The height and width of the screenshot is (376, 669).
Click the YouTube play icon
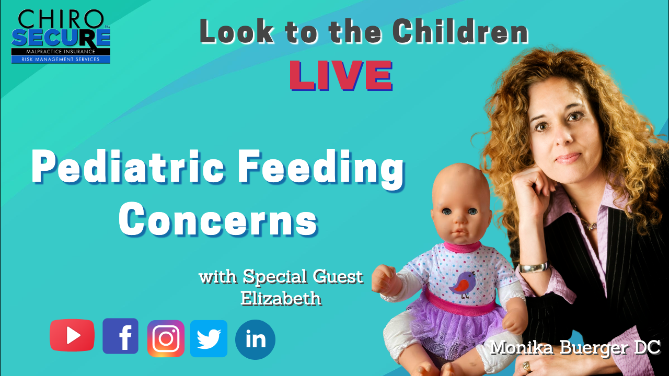click(72, 335)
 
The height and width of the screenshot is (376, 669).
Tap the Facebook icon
click(120, 336)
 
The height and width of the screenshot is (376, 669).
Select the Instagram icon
click(166, 338)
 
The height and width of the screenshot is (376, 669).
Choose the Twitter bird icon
click(209, 338)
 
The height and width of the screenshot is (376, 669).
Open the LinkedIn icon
click(255, 339)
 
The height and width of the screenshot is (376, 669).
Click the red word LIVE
click(341, 76)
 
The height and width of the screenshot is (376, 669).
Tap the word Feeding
click(321, 170)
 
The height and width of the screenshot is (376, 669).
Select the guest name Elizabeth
click(281, 298)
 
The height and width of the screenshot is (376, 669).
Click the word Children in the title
click(460, 31)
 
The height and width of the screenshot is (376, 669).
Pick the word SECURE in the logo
click(61, 38)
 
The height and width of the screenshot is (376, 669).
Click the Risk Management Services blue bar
click(61, 60)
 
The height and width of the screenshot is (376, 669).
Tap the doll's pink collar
click(462, 248)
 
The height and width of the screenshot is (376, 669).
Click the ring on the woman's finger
click(526, 366)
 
